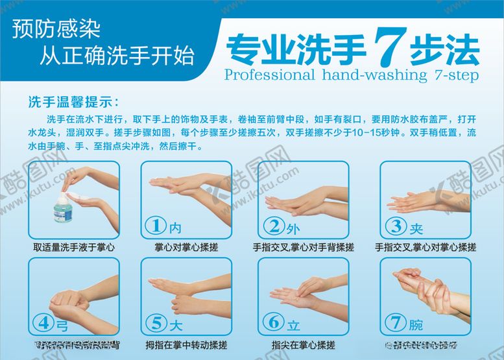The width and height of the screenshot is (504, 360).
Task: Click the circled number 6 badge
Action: (274, 322)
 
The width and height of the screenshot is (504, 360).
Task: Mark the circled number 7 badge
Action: (395, 322)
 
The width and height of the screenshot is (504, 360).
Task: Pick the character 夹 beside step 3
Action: (416, 227)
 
